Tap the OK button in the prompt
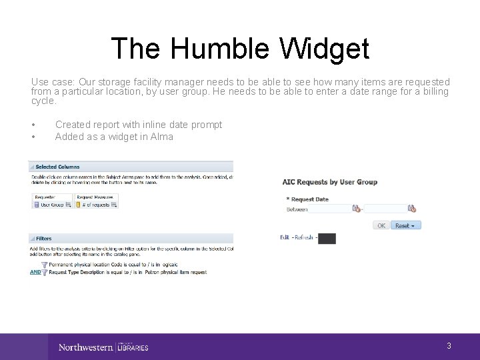381,225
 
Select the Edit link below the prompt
285,237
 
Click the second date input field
385,209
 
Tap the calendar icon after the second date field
411,209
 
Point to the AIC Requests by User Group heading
329,181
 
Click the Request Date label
309,199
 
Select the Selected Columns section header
57,167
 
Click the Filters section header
43,238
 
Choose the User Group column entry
53,205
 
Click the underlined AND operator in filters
35,272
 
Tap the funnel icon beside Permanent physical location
44,265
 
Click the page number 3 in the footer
449,345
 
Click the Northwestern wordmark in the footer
85,347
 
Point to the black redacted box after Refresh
327,238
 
